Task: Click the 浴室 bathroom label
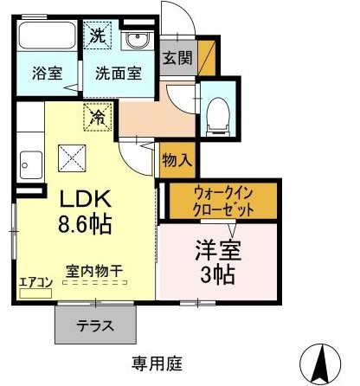(47, 74)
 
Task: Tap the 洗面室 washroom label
(119, 74)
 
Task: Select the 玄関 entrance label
(177, 58)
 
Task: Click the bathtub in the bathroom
(47, 35)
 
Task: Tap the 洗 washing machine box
(98, 35)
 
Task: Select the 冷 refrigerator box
(98, 117)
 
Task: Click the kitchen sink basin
(30, 165)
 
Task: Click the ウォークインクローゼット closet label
(223, 201)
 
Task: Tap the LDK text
(86, 198)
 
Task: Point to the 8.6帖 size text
(85, 224)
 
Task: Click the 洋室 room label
(218, 250)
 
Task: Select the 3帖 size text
(217, 275)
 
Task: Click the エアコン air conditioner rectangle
(35, 293)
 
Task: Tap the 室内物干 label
(94, 271)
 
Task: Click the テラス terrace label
(95, 326)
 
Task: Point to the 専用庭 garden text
(157, 363)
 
